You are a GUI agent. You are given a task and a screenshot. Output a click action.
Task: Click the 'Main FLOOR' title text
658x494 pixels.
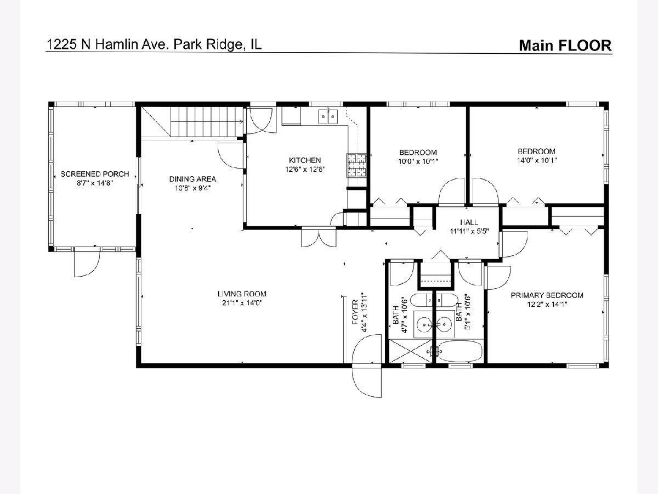(x=565, y=46)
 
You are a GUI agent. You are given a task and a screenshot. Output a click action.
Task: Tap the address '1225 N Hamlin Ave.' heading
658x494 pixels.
(x=108, y=44)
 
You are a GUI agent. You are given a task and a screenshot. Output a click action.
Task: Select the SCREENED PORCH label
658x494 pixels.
(x=95, y=174)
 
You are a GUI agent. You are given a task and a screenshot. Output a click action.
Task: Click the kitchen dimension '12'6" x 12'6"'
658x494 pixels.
(x=305, y=170)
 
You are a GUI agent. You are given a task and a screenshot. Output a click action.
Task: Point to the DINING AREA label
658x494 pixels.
(x=192, y=179)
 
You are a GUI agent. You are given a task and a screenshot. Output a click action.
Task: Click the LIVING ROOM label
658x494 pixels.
(x=242, y=294)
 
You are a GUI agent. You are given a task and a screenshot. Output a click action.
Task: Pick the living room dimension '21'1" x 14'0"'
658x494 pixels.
(x=242, y=303)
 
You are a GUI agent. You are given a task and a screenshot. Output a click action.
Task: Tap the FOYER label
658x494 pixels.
(x=355, y=312)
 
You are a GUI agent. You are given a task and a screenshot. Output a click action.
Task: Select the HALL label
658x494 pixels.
(x=469, y=222)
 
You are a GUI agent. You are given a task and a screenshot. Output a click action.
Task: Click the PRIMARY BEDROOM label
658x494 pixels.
(x=547, y=295)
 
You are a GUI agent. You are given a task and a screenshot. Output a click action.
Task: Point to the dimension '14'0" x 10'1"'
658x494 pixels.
(x=537, y=160)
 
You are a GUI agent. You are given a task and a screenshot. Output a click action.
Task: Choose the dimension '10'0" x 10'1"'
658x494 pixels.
(x=418, y=162)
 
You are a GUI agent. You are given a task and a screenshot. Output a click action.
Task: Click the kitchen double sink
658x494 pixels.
(x=328, y=116)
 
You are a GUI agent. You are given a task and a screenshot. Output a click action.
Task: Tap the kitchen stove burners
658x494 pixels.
(x=356, y=165)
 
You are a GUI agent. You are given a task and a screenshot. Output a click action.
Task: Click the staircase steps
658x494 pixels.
(x=207, y=122)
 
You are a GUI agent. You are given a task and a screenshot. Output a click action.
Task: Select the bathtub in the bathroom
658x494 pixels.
(x=459, y=351)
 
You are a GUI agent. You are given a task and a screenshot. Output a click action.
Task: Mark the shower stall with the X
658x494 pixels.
(x=411, y=351)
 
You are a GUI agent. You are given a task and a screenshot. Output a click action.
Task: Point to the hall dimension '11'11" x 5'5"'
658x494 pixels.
(x=469, y=232)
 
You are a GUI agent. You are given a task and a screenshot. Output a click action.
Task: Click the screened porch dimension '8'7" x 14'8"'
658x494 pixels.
(x=95, y=183)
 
